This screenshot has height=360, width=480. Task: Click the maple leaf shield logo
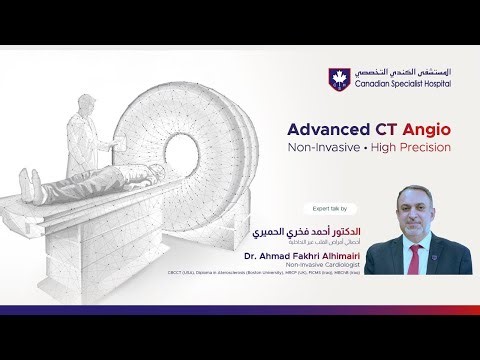335,77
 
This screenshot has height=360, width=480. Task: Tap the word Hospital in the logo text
431,85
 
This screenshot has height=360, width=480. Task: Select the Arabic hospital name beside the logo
398,71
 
